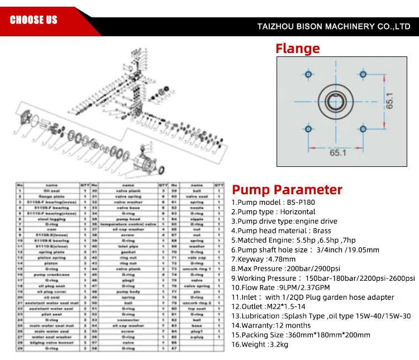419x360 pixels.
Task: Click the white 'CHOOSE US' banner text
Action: (34, 20)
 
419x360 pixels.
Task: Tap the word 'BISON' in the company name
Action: (309, 26)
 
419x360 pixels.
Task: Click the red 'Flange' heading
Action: (297, 49)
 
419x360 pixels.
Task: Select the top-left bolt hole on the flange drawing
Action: (308, 75)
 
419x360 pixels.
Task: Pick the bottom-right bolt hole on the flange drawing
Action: (363, 129)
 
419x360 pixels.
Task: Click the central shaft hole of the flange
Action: (335, 102)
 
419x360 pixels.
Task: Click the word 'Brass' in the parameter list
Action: (322, 231)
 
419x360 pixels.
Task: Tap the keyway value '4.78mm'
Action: (282, 259)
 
